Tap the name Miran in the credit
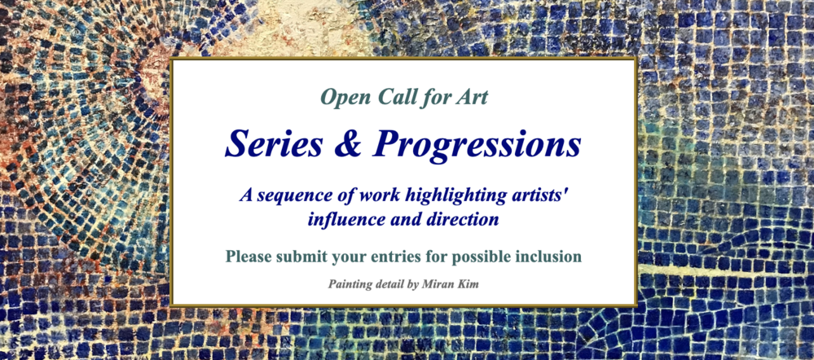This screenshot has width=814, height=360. [x=446, y=283]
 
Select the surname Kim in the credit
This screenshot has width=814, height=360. [x=470, y=283]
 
